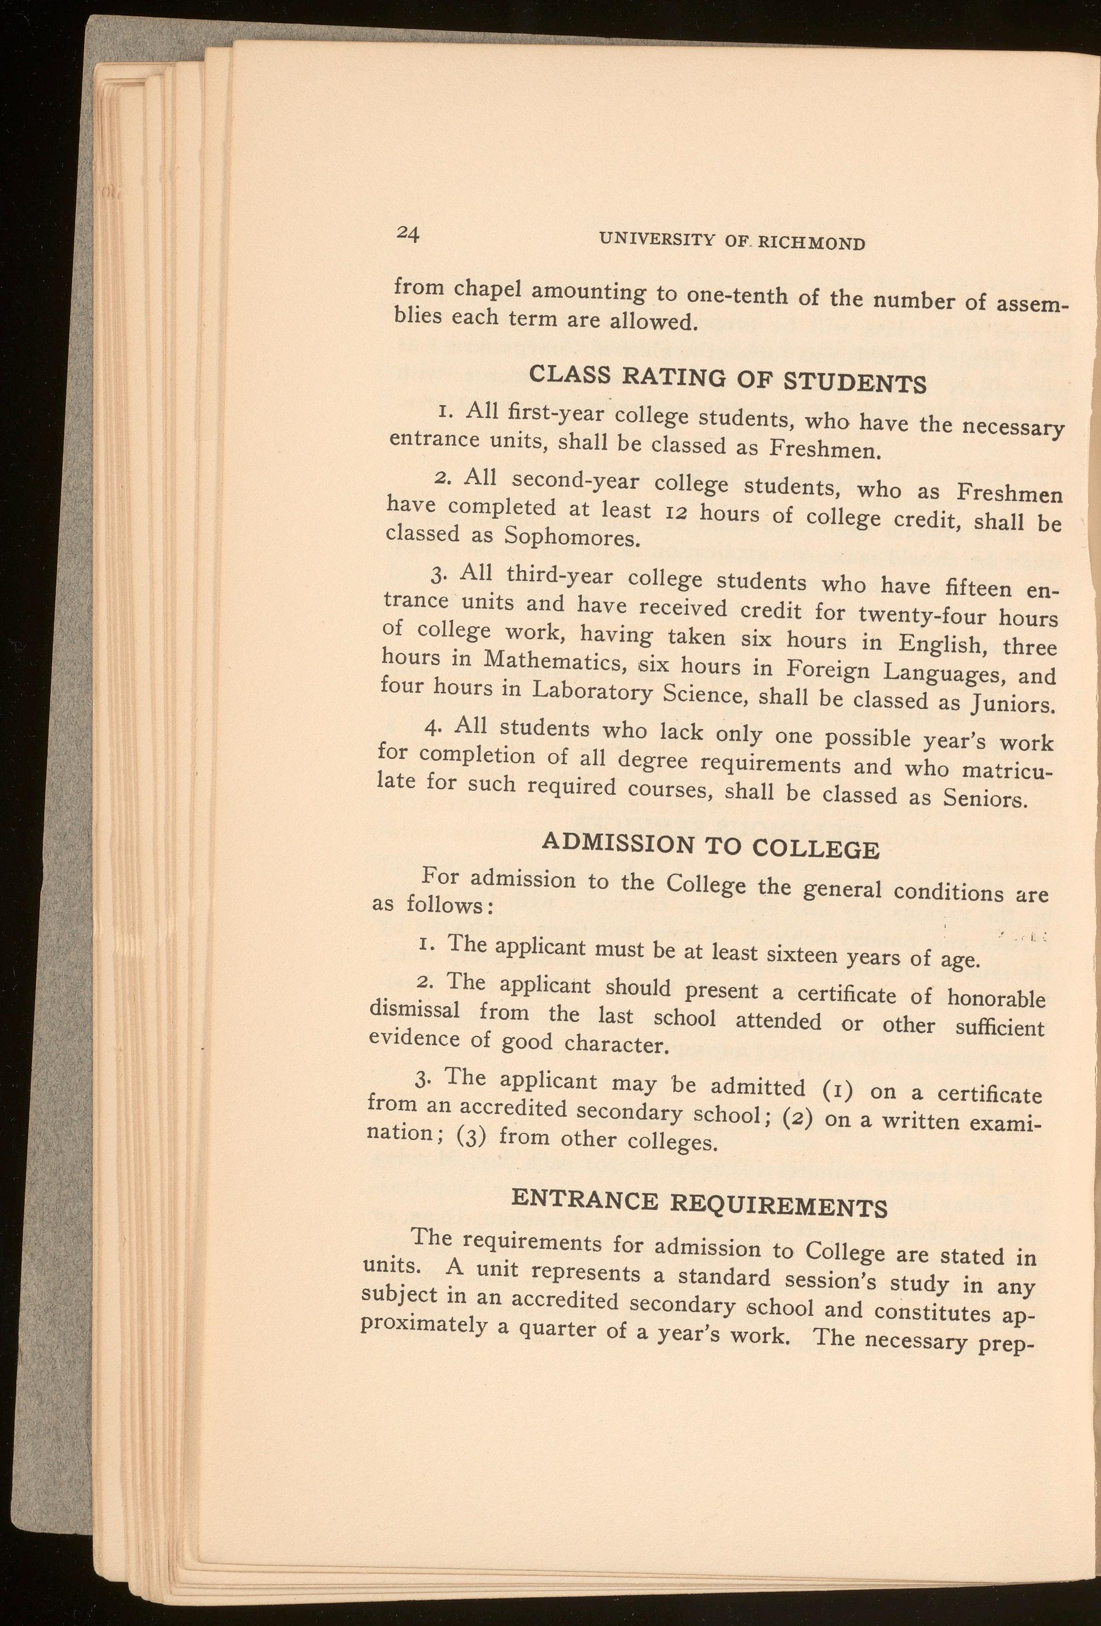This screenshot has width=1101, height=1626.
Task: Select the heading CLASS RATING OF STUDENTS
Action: (728, 379)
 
